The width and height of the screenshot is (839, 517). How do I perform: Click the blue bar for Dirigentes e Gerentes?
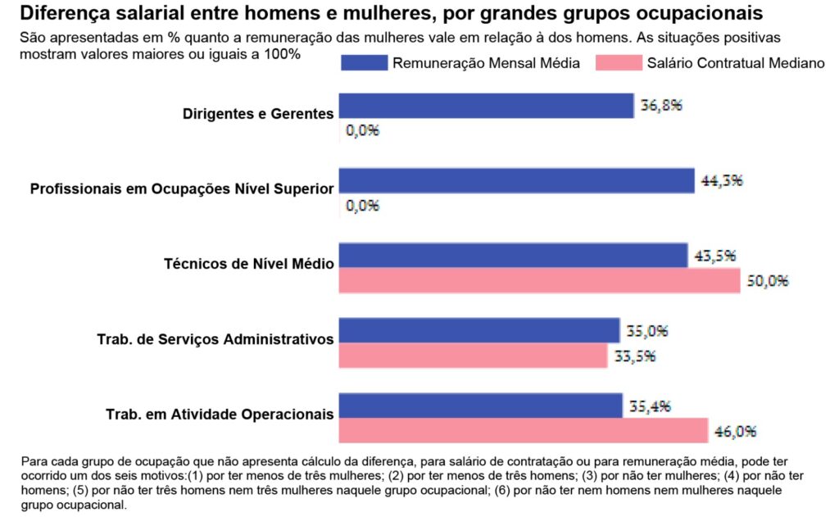(x=486, y=106)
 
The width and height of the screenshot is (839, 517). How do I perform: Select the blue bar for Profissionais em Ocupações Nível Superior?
(x=516, y=181)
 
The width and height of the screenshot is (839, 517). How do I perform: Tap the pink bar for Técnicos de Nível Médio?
(x=540, y=280)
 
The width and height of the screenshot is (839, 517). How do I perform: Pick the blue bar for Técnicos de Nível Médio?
(x=513, y=256)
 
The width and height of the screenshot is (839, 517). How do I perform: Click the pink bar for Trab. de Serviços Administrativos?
(x=473, y=356)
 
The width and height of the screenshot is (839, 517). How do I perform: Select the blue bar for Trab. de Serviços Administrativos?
(x=478, y=331)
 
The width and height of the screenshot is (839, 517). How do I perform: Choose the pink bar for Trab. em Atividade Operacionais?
(x=523, y=430)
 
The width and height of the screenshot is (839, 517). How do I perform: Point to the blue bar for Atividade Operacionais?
(x=480, y=406)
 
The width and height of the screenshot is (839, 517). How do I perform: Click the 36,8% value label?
(x=660, y=106)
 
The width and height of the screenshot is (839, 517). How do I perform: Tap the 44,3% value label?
(x=722, y=181)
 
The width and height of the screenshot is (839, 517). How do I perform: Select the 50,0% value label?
(x=768, y=281)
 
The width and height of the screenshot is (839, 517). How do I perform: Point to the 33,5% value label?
(x=635, y=356)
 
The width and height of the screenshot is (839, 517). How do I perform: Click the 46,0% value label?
(x=734, y=431)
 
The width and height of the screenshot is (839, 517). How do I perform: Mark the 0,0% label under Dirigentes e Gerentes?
(x=362, y=130)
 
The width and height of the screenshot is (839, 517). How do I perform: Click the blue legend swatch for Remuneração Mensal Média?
(x=363, y=63)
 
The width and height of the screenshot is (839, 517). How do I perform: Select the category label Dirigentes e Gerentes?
(x=258, y=114)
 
